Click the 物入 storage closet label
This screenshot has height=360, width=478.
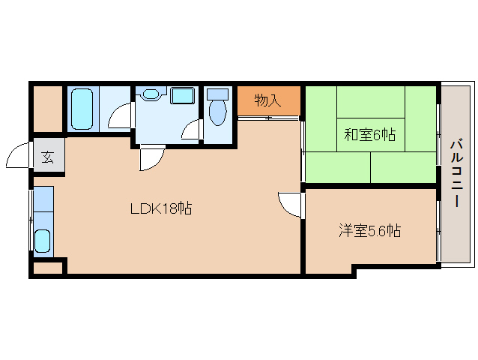tap(267, 100)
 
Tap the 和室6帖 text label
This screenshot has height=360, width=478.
tap(369, 135)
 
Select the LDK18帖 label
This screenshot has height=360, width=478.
tap(161, 209)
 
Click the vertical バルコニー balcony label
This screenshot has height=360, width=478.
tap(456, 172)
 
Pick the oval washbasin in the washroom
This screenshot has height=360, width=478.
tap(151, 95)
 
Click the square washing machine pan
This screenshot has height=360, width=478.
tap(181, 95)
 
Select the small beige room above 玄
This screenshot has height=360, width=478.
tap(47, 109)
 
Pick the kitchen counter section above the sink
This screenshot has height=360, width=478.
tap(43, 199)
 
